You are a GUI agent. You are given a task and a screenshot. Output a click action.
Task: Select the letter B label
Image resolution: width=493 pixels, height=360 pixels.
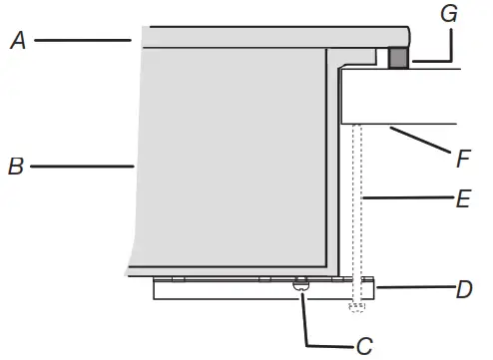tap(15, 167)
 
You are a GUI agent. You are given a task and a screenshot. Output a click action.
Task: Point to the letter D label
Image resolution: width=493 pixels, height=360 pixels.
tap(464, 290)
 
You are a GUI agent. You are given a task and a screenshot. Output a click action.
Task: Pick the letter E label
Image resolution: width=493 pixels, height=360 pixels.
tap(462, 198)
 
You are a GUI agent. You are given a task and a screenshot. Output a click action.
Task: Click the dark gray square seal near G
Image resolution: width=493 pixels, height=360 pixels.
tap(398, 59)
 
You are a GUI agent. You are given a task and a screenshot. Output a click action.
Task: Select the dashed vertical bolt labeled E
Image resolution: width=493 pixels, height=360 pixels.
tap(357, 209)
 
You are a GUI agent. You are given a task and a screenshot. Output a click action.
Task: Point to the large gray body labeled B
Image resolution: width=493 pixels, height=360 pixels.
tap(230, 160)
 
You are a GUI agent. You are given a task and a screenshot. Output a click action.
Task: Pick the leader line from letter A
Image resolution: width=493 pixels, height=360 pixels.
tap(85, 40)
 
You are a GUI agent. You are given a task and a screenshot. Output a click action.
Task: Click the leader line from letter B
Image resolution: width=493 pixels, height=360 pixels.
tap(80, 167)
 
